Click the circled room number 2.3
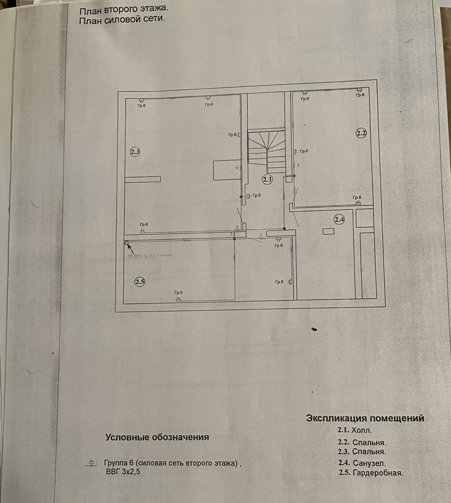tap(135, 152)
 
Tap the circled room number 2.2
tap(361, 133)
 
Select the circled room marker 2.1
tap(267, 179)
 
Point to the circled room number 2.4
tap(339, 219)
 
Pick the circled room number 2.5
tap(140, 282)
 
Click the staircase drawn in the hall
tap(266, 150)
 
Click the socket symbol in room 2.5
tap(178, 299)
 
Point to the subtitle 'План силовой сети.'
tap(122, 20)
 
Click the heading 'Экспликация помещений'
tap(365, 418)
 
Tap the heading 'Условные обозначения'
tap(157, 437)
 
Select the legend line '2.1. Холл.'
tap(355, 430)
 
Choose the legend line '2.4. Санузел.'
tap(362, 463)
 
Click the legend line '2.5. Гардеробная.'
tap(370, 473)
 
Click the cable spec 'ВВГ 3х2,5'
tap(123, 471)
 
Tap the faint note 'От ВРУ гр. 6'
tap(150, 255)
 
